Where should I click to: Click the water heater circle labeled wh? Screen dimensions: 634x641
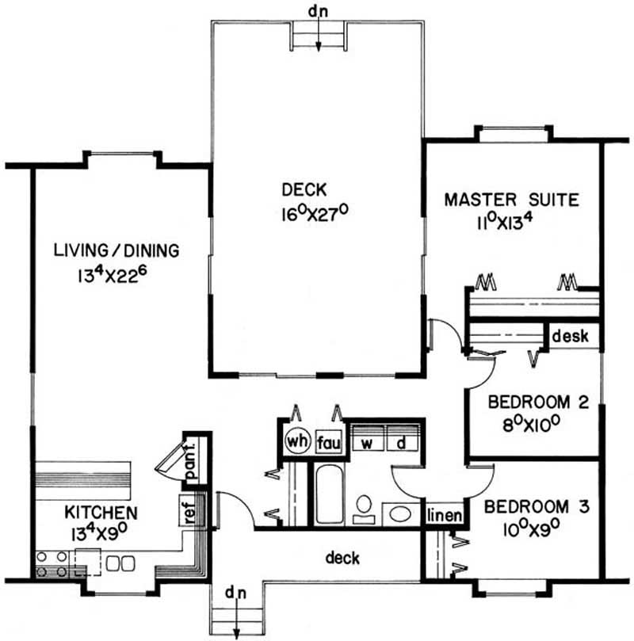298,441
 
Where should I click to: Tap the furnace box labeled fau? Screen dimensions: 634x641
329,443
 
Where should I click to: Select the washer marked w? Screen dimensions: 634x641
368,438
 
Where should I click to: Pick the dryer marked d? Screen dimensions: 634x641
402,438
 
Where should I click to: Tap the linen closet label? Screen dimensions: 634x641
445,516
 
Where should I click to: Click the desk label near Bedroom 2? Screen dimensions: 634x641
571,336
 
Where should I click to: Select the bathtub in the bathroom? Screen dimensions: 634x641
330,495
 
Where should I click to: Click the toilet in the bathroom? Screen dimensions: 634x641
364,509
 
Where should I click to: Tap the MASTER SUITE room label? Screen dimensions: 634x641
511,200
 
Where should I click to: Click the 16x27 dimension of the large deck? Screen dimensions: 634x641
315,213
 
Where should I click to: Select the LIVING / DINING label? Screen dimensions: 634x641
116,250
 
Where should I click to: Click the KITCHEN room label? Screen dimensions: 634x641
101,512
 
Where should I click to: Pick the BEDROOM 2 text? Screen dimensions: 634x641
538,402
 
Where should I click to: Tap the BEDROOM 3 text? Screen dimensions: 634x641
537,507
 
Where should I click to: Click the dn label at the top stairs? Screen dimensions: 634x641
318,11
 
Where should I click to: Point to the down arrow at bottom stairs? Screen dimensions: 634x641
237,620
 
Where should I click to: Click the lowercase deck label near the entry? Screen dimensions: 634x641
342,558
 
